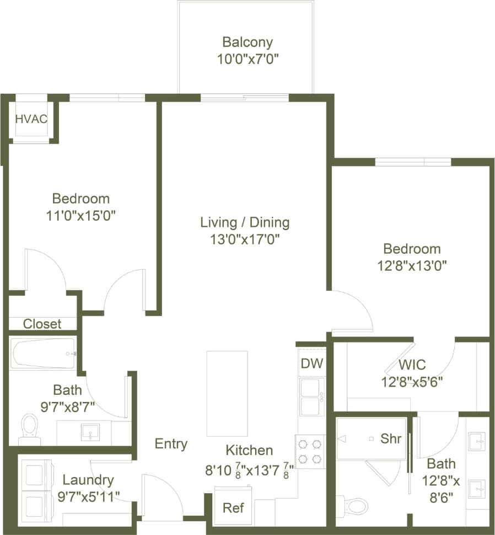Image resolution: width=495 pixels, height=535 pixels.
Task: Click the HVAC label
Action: [x=31, y=119]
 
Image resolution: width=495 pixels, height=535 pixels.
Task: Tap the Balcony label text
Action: [x=247, y=42]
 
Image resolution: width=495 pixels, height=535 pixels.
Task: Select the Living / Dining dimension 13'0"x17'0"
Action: [x=245, y=239]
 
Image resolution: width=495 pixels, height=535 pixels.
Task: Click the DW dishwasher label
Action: [x=312, y=363]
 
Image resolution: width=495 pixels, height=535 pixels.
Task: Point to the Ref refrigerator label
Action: [x=233, y=507]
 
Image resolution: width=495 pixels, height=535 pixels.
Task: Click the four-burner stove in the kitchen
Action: [x=310, y=451]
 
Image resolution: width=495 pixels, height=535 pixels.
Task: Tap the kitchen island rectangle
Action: [x=227, y=393]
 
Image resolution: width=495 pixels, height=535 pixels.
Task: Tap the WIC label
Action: [x=412, y=365]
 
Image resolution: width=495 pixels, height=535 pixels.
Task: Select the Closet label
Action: [x=42, y=324]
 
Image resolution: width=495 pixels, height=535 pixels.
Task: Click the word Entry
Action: [x=171, y=443]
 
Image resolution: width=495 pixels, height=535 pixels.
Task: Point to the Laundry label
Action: [x=88, y=480]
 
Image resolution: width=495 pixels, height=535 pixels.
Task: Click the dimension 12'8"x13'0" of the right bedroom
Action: [x=412, y=265]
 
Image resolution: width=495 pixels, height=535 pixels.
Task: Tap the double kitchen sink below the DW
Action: [x=311, y=398]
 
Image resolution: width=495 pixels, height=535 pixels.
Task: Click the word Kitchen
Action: [x=249, y=450]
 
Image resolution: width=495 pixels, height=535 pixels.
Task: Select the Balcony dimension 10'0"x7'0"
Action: [x=247, y=58]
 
